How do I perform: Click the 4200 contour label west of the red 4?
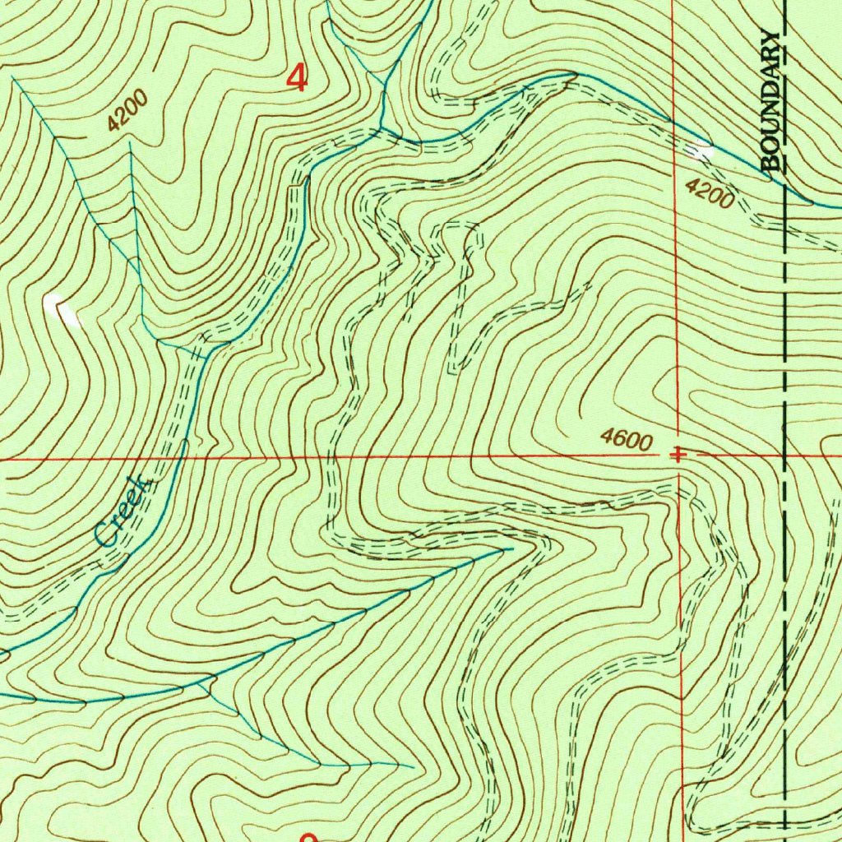point(127,112)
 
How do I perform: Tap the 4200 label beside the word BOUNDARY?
point(709,196)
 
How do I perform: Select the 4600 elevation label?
point(627,440)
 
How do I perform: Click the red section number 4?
point(297,80)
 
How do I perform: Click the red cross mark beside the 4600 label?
point(676,454)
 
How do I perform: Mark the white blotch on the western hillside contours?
point(63,309)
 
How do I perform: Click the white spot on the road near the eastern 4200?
point(701,150)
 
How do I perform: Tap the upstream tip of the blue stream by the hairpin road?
point(511,548)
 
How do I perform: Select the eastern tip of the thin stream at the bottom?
point(413,766)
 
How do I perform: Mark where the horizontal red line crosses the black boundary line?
point(785,454)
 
